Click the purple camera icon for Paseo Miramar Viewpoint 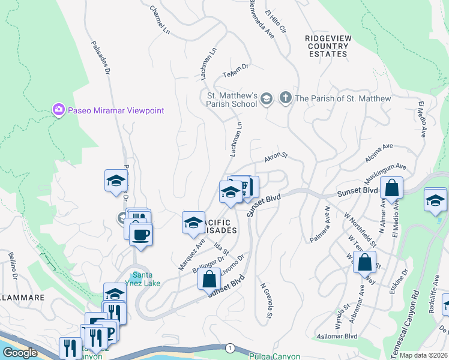coord(58,110)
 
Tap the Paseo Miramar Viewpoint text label coord(115,110)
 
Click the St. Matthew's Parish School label coord(232,99)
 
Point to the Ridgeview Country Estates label coord(327,46)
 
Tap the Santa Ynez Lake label coord(146,280)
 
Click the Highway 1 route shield coord(229,347)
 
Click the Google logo coord(19,353)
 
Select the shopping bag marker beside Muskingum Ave coord(391,188)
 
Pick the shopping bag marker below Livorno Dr coord(209,280)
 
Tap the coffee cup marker coord(141,235)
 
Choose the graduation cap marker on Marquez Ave coord(193,223)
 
